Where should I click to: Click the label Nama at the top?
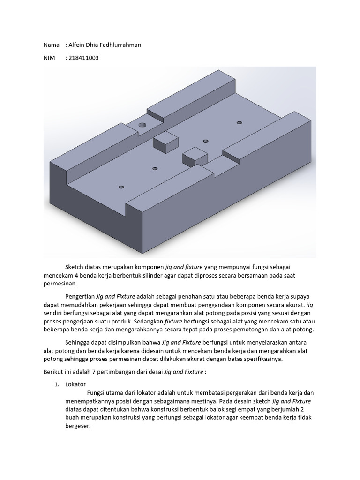pos(51,45)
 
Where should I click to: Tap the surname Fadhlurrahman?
pos(119,45)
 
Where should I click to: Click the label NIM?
pos(49,58)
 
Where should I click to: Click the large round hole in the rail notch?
pos(142,125)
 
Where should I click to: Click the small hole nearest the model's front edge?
pos(121,187)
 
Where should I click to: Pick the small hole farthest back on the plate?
pos(239,122)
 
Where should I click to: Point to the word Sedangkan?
pos(148,322)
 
